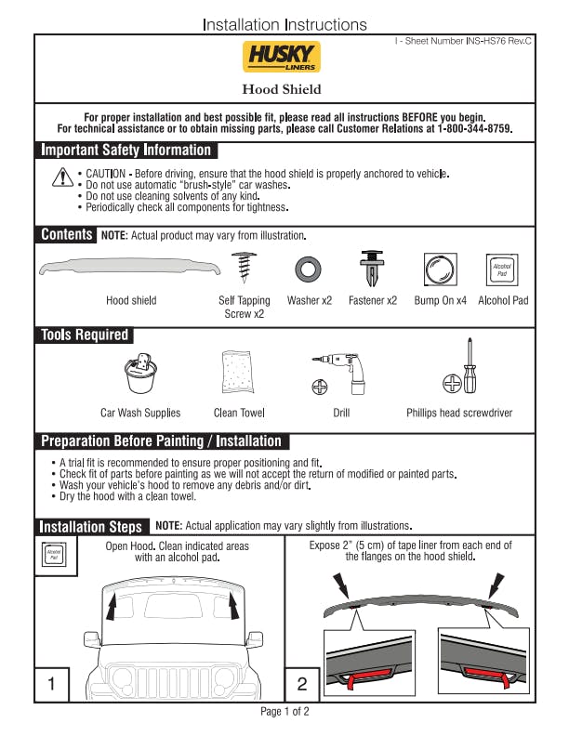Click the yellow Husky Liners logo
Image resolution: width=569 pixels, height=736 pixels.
[x=281, y=57]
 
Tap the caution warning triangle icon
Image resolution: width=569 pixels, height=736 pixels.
[x=62, y=177]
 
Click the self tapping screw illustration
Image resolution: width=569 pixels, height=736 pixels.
[x=245, y=267]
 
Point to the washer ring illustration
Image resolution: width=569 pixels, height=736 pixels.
[x=308, y=269]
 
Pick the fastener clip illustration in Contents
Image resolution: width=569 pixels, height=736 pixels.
[x=372, y=268]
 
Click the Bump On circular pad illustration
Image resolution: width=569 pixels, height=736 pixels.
[x=440, y=269]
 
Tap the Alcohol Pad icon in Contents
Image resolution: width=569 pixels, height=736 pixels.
[x=502, y=269]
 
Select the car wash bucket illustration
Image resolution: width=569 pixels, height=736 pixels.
[x=140, y=374]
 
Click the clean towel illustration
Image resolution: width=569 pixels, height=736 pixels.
[x=238, y=372]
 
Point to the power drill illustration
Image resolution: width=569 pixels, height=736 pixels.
[x=339, y=374]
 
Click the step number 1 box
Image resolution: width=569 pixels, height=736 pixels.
[x=52, y=684]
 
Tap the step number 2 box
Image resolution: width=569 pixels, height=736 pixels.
[x=302, y=684]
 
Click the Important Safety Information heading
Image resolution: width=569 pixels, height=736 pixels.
[x=126, y=151]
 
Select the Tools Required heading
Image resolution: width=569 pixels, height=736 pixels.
[x=85, y=335]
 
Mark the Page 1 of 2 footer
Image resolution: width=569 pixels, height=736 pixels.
[x=285, y=712]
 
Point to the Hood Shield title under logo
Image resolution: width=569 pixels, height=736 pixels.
[x=282, y=89]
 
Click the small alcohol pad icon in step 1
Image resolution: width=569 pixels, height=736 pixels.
[x=54, y=555]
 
